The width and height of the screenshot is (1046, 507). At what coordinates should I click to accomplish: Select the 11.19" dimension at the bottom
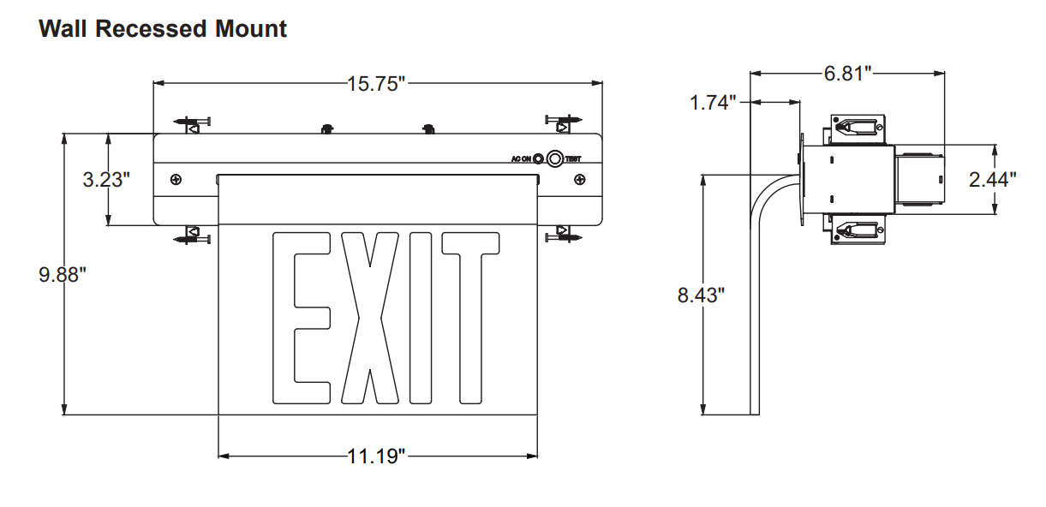[x=376, y=456]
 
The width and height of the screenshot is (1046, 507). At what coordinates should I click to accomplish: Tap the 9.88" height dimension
[x=63, y=275]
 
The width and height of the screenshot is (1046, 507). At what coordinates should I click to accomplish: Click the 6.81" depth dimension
[x=847, y=73]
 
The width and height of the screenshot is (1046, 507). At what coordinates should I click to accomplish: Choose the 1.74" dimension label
[x=714, y=103]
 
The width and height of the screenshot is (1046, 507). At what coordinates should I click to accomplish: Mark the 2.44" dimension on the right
[x=993, y=179]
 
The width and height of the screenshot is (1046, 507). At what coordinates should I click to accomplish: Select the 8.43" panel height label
[x=701, y=295]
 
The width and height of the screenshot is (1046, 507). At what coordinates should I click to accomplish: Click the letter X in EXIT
[x=370, y=318]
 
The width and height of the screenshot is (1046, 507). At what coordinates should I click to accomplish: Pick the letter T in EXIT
[x=470, y=318]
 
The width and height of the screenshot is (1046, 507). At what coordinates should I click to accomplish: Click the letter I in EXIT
[x=421, y=318]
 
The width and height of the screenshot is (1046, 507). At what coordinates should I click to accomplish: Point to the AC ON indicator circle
[x=538, y=158]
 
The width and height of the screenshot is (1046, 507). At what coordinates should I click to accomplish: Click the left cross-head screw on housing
[x=176, y=180]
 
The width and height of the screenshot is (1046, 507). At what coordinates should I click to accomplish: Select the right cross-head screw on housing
[x=580, y=180]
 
